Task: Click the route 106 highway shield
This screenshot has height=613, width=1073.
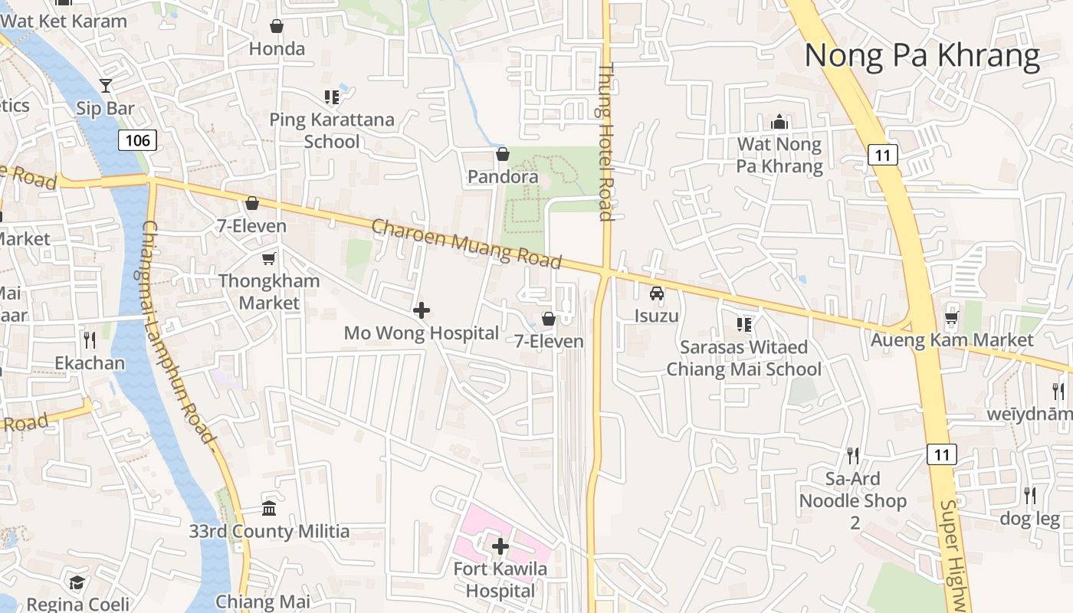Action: tap(137, 140)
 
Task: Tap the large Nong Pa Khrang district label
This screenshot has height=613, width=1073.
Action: tap(921, 56)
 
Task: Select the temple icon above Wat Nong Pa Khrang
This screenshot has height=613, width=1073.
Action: tap(779, 122)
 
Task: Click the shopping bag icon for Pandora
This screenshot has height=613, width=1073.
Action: tap(503, 155)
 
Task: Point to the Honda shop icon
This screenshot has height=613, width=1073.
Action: tap(277, 27)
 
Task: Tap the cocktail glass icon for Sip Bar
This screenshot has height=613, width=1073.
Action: tap(106, 86)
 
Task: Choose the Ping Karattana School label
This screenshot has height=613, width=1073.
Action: tap(332, 130)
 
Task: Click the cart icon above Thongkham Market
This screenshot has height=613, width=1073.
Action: tap(268, 259)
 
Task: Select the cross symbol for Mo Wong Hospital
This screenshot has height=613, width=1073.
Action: tap(421, 310)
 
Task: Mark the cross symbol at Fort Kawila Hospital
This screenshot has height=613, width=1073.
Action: tap(500, 546)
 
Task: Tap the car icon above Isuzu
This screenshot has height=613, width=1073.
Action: tap(657, 293)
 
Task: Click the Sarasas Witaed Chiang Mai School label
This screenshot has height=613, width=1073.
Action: tap(743, 358)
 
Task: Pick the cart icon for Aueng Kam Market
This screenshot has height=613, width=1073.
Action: tap(952, 317)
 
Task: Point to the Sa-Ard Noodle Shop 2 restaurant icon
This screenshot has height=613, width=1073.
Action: tap(853, 456)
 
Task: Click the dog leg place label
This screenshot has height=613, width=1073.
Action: tap(1029, 519)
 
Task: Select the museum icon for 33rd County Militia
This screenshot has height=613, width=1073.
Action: tap(269, 508)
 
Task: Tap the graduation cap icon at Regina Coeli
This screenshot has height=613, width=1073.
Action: tap(77, 582)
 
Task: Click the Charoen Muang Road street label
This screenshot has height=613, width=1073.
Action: tap(466, 244)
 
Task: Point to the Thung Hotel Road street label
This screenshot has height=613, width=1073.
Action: tap(606, 142)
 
